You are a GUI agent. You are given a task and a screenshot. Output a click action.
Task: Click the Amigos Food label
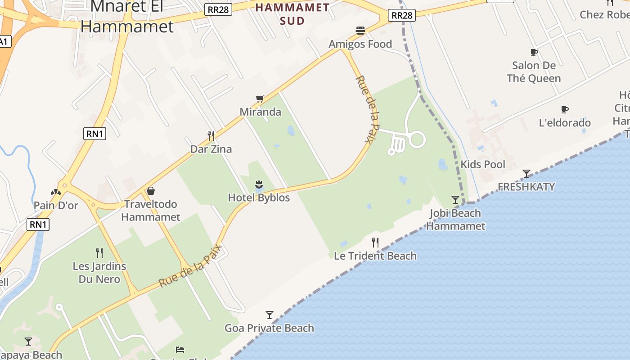coord(360,44)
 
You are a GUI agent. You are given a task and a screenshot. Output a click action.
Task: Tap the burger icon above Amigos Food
coord(360,31)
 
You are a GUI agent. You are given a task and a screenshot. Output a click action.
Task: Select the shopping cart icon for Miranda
coord(260,99)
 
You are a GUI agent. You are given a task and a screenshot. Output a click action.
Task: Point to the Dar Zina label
coord(211,149)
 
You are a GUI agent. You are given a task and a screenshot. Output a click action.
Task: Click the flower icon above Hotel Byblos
coord(259,184)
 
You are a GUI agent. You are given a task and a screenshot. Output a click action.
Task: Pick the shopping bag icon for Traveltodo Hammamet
coord(151,191)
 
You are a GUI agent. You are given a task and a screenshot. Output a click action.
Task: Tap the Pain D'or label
coord(56,206)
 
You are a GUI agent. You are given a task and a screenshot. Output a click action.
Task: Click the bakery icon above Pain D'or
coord(56,192)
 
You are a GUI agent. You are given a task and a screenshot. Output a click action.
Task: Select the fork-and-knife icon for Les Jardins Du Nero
coord(99,252)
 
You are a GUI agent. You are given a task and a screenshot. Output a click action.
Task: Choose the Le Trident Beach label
coord(375,256)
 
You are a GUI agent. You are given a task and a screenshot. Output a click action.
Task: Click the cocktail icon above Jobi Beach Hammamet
coord(455,199)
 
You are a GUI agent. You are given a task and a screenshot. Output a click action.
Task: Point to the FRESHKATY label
coord(526,187)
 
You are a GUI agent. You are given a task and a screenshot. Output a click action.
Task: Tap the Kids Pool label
coord(483,164)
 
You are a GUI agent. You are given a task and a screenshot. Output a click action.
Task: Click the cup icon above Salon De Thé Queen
coord(534,52)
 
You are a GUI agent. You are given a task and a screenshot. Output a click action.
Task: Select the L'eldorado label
coord(565,123)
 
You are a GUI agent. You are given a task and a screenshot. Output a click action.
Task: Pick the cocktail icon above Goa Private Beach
coord(269,315)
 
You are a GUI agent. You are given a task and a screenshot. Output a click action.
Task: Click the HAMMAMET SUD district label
coord(292,14)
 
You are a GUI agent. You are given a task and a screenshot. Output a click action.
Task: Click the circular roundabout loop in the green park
coord(417,139)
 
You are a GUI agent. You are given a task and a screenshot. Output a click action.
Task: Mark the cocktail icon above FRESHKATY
coord(526,173)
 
